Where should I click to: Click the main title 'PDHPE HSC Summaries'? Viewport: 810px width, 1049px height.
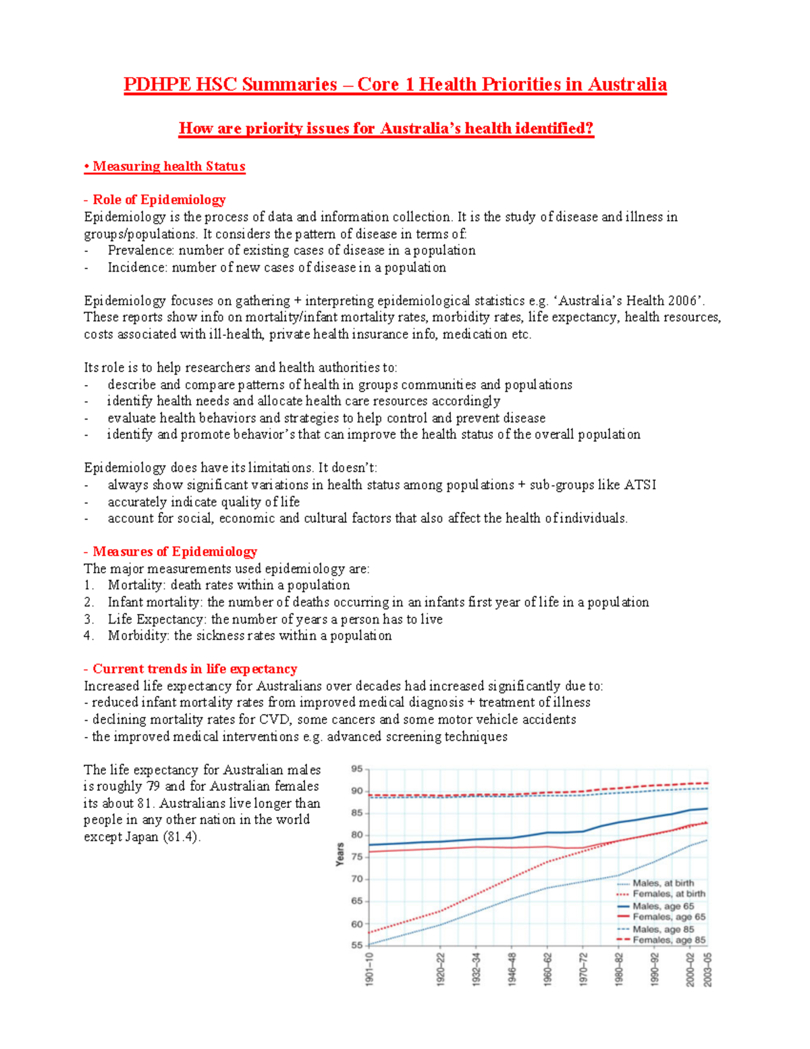click(230, 84)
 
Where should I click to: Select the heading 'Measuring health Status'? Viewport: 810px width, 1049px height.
click(168, 166)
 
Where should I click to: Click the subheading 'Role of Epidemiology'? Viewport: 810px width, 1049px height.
click(159, 199)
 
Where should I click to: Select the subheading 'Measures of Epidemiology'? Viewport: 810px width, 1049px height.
click(174, 551)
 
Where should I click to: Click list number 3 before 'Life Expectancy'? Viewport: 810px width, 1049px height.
click(88, 619)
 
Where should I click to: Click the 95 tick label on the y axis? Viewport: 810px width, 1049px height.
click(357, 769)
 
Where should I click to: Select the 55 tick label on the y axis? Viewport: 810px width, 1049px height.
click(357, 945)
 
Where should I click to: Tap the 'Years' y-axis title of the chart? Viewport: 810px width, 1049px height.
click(340, 854)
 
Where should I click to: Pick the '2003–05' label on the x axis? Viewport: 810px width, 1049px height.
click(707, 969)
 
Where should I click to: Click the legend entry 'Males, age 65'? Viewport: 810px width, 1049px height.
click(663, 906)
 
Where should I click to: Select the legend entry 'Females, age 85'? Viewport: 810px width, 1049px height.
click(668, 940)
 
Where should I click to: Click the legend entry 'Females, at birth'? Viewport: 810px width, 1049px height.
click(668, 894)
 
